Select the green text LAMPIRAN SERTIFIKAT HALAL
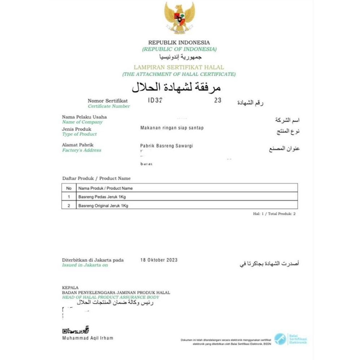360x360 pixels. [179, 67]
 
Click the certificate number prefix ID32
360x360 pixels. [155, 101]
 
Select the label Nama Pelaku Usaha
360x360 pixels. [84, 117]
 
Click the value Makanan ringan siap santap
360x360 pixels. [171, 128]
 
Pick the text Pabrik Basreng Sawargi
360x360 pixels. [167, 145]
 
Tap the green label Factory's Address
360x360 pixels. [82, 150]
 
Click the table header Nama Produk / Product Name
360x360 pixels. [105, 188]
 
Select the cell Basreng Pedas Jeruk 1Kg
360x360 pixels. [102, 197]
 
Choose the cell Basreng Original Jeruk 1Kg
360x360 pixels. [103, 206]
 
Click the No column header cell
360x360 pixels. [69, 188]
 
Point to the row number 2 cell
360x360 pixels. [69, 206]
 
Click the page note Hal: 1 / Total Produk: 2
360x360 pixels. [274, 214]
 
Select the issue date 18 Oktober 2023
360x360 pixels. [159, 260]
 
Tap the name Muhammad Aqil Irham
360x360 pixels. [88, 338]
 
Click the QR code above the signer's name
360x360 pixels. [65, 331]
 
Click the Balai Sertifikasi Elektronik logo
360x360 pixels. [280, 338]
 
